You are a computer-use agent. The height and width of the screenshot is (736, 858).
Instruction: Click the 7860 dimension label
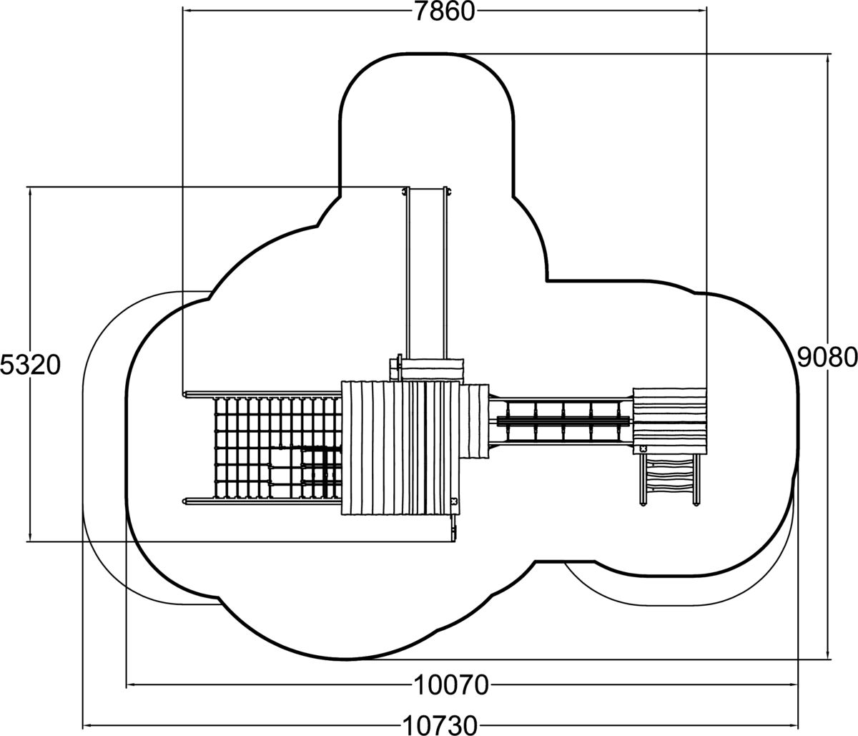[x=444, y=11]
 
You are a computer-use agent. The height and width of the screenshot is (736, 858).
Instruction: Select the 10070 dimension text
[x=451, y=685]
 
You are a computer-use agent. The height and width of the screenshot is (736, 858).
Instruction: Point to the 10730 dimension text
[x=440, y=725]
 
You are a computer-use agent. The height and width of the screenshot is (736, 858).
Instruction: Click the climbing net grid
[x=275, y=447]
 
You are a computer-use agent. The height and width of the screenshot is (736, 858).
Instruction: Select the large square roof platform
[x=400, y=448]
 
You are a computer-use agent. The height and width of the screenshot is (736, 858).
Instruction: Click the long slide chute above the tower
[x=426, y=272]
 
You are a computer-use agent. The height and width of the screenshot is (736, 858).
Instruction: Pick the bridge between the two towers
[x=561, y=421]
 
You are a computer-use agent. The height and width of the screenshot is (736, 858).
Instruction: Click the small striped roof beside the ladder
[x=670, y=421]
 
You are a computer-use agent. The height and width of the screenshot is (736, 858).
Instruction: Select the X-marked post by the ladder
[x=643, y=448]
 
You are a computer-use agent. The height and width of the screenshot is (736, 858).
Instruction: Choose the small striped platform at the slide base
[x=432, y=370]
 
